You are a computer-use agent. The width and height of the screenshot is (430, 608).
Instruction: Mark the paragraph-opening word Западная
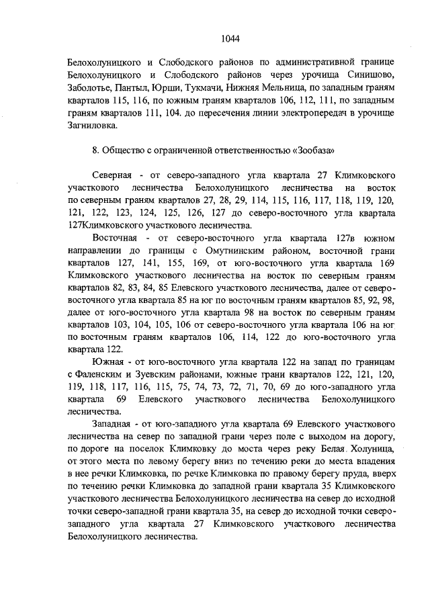click(114, 425)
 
